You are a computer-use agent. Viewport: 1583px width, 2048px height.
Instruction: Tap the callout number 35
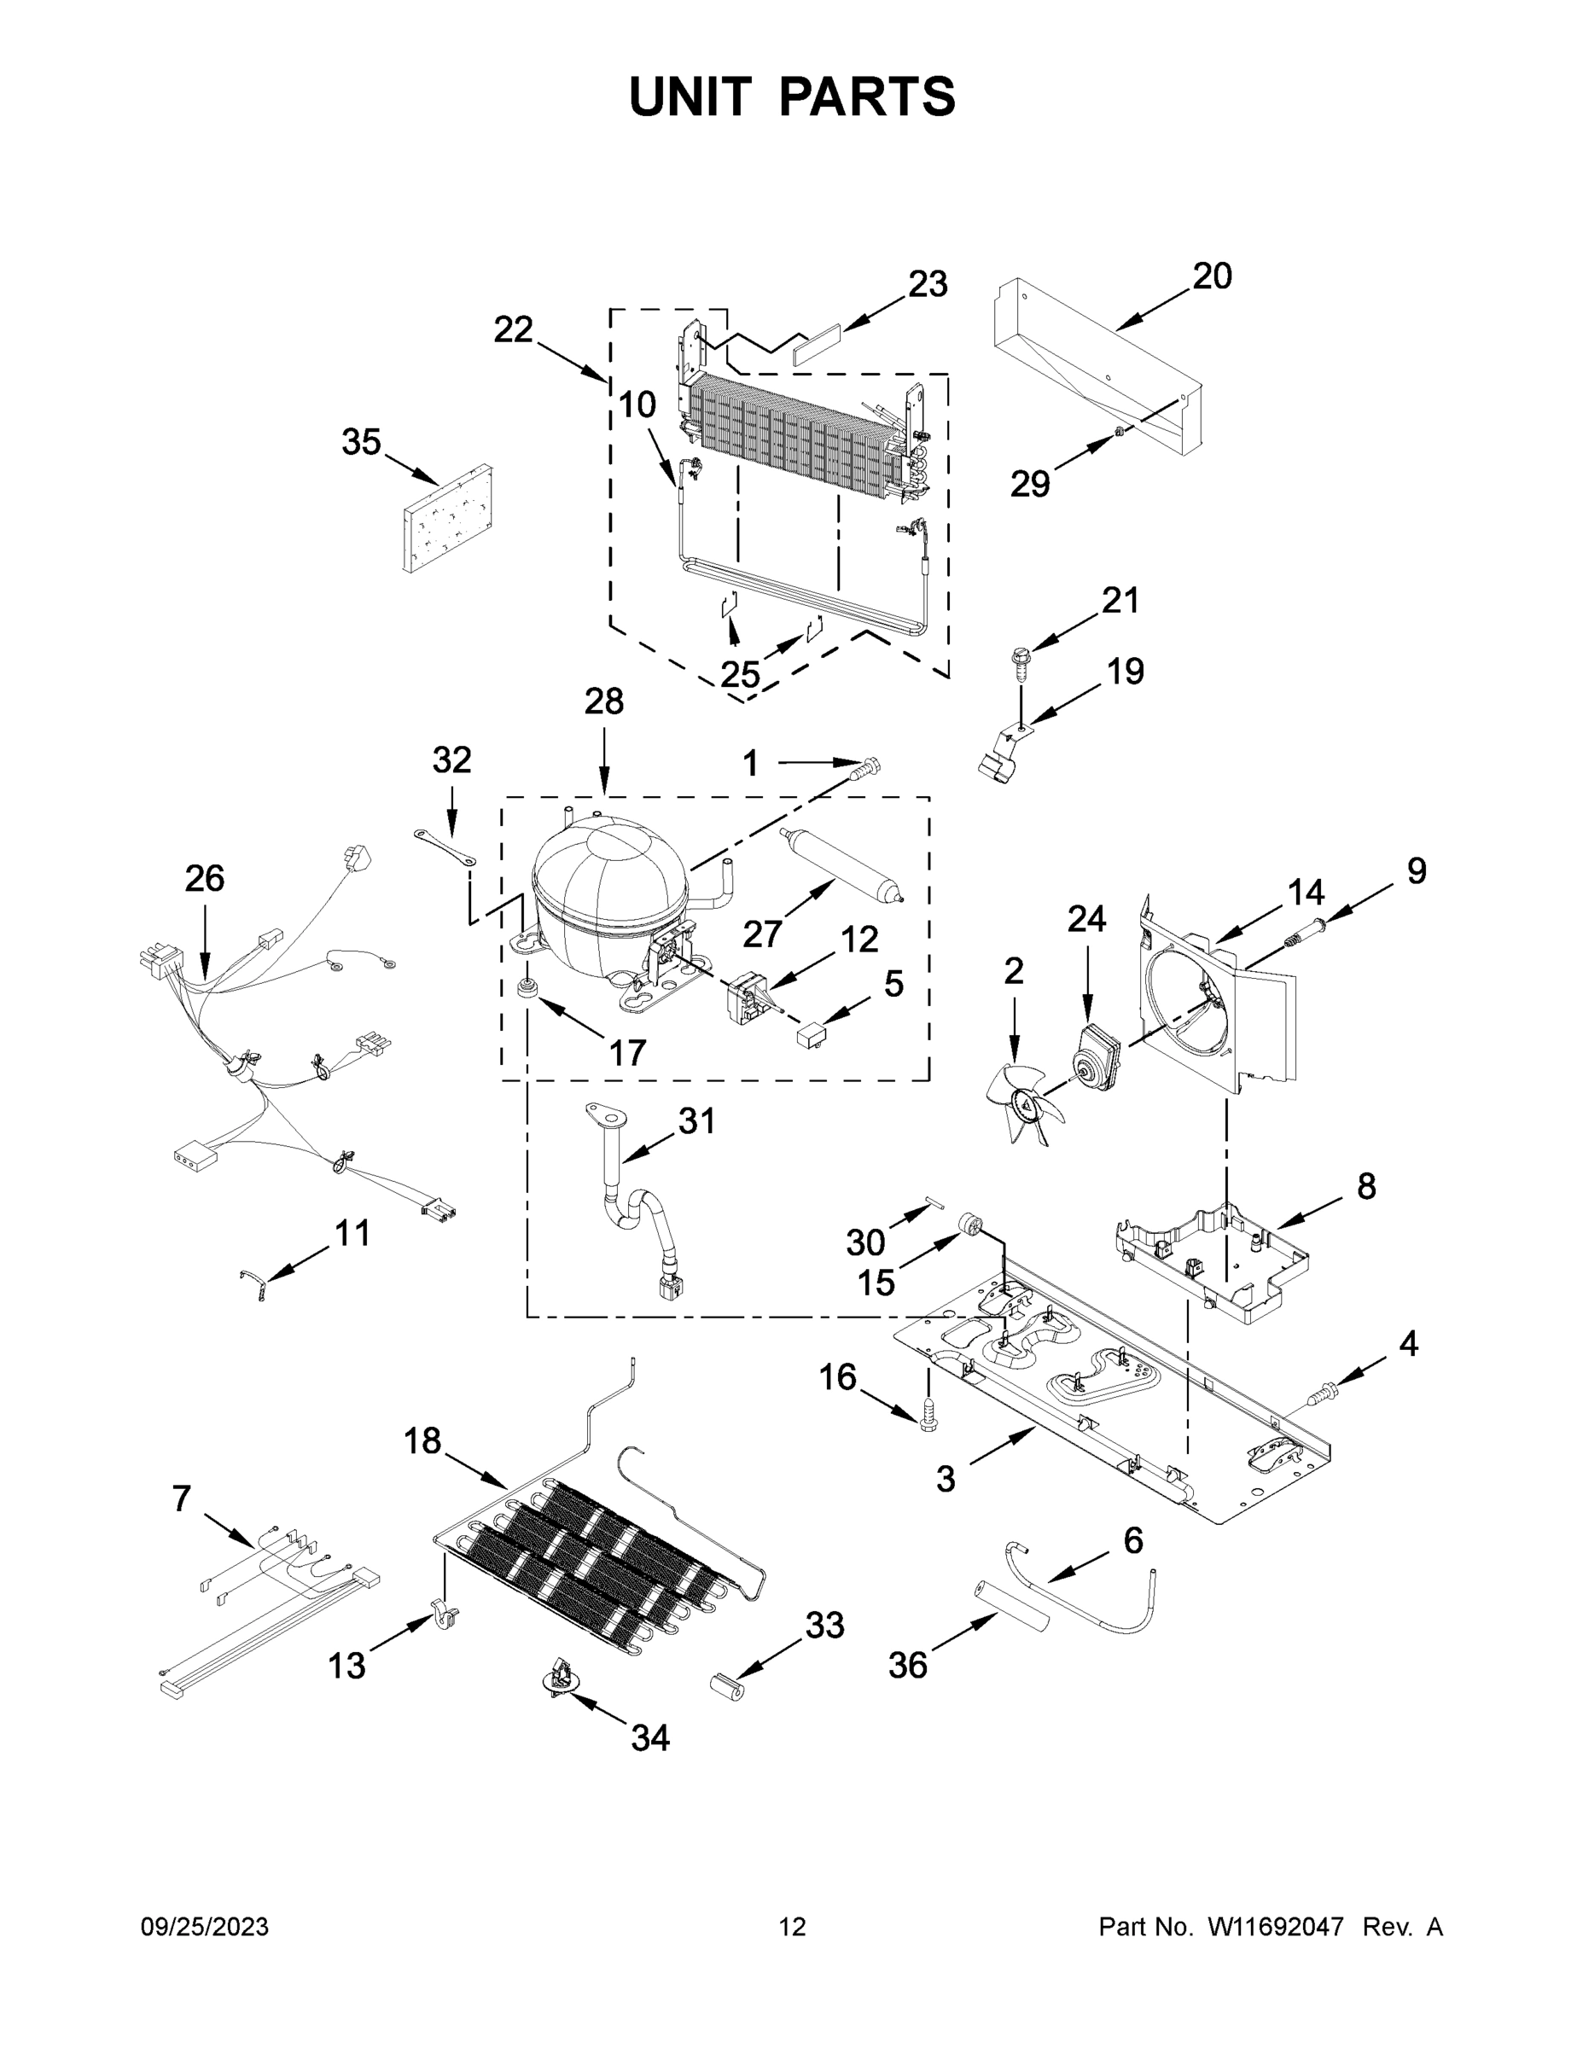point(361,442)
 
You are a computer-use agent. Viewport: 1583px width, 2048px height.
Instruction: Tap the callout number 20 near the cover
point(1212,276)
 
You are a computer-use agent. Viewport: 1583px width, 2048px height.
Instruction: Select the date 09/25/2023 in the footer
point(205,1926)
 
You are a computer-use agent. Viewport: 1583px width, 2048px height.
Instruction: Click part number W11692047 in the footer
point(1274,1926)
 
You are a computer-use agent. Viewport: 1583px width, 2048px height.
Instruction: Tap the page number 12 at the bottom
point(793,1926)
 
